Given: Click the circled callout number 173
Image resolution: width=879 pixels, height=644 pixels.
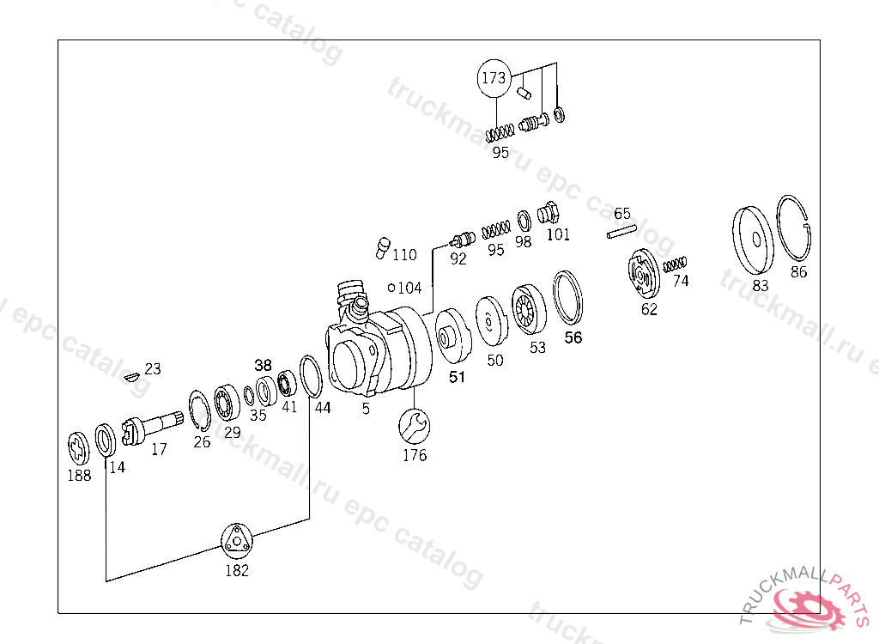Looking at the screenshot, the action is pos(494,77).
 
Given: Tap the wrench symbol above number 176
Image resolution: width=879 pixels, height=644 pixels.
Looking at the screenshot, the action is pos(415,426).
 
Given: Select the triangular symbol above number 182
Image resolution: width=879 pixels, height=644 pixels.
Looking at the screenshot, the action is pos(237,540).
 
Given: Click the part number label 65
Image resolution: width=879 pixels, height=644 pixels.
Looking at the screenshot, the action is pos(621,214).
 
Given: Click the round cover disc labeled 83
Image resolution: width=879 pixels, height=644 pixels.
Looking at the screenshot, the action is pos(753,240).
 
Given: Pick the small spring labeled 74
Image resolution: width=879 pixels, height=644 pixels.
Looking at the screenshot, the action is pos(675,264).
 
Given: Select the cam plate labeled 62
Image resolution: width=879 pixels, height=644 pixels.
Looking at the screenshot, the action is pos(643,274).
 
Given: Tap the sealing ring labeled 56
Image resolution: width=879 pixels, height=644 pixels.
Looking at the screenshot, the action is pos(567,298).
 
